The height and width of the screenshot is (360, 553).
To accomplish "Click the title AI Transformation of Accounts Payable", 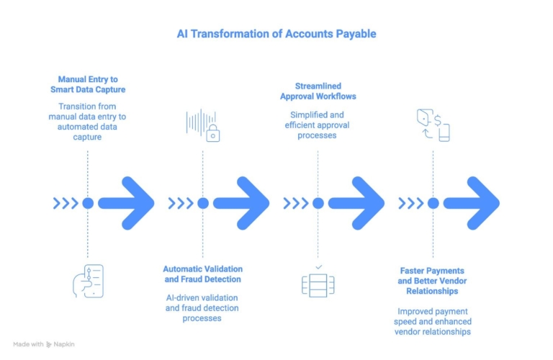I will click(276, 34).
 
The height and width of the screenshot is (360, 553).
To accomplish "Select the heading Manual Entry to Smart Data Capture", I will click(87, 84).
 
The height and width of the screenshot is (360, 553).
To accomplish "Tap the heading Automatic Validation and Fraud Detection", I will click(202, 274).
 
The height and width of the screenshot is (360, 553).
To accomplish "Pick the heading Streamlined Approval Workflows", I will click(318, 91).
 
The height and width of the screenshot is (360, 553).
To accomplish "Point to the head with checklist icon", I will click(88, 281).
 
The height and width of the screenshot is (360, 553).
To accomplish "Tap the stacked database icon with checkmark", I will click(318, 281).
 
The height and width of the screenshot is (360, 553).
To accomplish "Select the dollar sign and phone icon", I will click(433, 125).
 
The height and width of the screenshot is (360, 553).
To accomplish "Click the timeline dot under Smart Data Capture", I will click(88, 203).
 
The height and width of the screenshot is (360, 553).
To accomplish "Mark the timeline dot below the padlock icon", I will click(203, 203).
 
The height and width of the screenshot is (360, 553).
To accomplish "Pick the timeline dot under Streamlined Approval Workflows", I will click(318, 203).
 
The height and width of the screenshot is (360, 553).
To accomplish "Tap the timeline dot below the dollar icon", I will click(433, 203).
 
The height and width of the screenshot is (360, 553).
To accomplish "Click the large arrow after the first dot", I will click(127, 203).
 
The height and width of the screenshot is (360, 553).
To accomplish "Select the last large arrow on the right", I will click(473, 203).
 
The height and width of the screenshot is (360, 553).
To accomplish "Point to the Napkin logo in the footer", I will click(49, 344).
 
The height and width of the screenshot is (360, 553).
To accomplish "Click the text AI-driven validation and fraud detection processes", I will click(202, 307).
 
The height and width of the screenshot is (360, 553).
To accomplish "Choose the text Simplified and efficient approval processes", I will click(318, 125).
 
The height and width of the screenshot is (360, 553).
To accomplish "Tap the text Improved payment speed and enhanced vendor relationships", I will click(433, 321).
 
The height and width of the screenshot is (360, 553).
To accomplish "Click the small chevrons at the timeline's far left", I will click(65, 203).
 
